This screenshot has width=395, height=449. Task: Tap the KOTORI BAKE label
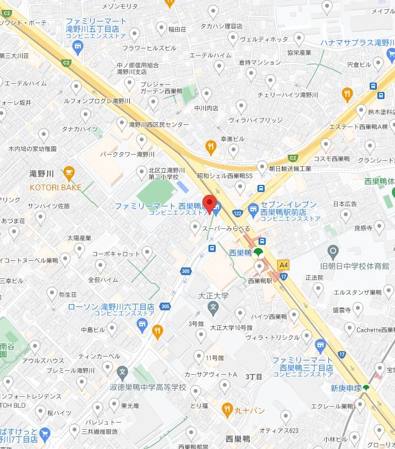tap(56, 188)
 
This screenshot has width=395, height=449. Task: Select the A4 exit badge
tap(283, 265)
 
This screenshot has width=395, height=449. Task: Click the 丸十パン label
tap(250, 410)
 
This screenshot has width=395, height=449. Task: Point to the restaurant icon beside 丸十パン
tap(227, 409)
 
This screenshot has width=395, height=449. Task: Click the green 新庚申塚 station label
tap(346, 388)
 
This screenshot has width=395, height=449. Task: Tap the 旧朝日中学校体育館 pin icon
tap(333, 253)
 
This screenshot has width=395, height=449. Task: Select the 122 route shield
tap(237, 212)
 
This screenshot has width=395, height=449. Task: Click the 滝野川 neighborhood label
tap(42, 174)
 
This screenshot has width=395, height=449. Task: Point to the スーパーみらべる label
tap(226, 228)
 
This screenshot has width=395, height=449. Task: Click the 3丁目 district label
tap(254, 376)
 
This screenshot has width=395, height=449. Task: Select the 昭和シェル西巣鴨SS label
tap(224, 176)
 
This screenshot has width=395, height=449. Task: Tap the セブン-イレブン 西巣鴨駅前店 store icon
tap(253, 209)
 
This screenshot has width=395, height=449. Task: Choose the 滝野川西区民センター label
tap(158, 125)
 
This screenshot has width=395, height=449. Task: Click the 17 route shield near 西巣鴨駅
tap(283, 276)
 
